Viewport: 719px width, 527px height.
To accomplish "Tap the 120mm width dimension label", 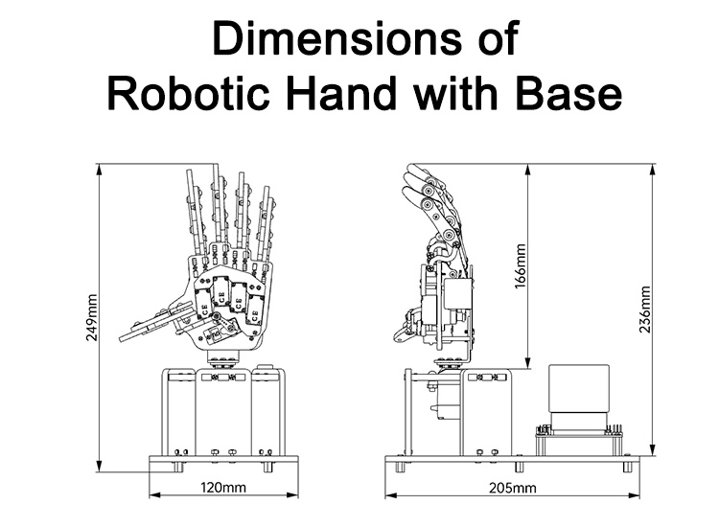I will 222,488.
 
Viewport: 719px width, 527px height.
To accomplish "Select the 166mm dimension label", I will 521,267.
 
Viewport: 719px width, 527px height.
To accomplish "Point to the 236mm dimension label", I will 646,308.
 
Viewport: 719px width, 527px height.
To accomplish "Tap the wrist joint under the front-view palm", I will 225,360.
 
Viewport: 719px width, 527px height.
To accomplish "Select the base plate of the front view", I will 222,464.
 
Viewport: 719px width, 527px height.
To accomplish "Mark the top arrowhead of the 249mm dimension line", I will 100,167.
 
